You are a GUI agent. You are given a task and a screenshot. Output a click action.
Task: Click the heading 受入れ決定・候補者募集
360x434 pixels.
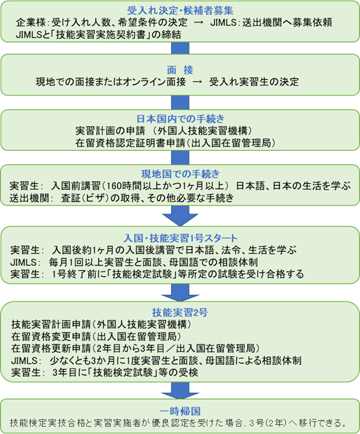pyautogui.click(x=180, y=10)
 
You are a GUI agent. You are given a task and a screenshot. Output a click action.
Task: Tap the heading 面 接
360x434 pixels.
pyautogui.click(x=180, y=70)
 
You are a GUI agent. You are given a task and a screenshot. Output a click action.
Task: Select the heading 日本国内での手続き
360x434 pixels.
pyautogui.click(x=180, y=119)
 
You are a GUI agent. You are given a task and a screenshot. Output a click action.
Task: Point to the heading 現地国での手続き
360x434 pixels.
pyautogui.click(x=180, y=174)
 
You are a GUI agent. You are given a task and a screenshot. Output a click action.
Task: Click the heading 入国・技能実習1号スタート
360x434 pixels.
pyautogui.click(x=180, y=238)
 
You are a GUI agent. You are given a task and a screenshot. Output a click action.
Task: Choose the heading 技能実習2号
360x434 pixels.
pyautogui.click(x=180, y=313)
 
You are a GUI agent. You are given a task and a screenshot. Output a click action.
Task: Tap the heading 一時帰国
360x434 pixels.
pyautogui.click(x=180, y=411)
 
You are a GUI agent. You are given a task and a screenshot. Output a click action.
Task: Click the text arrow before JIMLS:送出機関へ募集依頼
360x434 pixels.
pyautogui.click(x=198, y=23)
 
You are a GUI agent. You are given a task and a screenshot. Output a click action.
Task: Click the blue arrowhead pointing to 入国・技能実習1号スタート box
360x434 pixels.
pyautogui.click(x=180, y=219)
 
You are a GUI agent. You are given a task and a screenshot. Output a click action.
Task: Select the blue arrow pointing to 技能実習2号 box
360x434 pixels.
pyautogui.click(x=180, y=293)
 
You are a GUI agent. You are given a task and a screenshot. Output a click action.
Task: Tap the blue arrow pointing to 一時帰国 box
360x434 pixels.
pyautogui.click(x=180, y=390)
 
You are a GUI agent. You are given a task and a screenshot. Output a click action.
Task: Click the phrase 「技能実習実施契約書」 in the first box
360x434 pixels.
pyautogui.click(x=100, y=35)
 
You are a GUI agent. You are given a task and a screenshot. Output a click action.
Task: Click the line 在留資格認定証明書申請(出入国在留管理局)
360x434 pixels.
pyautogui.click(x=176, y=143)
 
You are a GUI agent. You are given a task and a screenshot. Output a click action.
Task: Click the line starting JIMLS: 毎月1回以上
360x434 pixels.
pyautogui.click(x=134, y=262)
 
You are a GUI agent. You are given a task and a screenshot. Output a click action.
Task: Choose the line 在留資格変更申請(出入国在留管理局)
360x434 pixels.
pyautogui.click(x=97, y=336)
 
